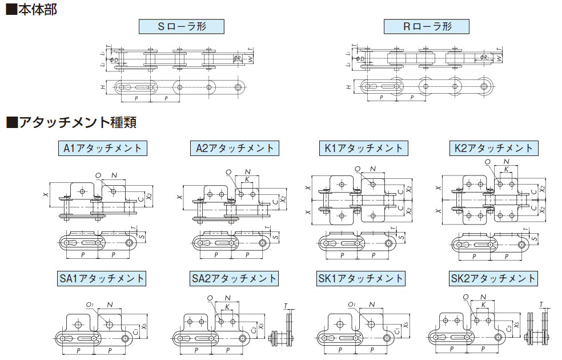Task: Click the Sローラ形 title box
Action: tap(181, 27)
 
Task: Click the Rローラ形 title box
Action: tap(426, 27)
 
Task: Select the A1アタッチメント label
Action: tap(102, 149)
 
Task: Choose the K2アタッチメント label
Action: tap(493, 149)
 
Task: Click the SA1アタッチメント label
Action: tap(102, 278)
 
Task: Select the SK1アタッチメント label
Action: tap(361, 278)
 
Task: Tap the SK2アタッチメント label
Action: tap(493, 278)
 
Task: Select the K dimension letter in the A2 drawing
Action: tap(247, 179)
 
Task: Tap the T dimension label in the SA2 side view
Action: tap(286, 306)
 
